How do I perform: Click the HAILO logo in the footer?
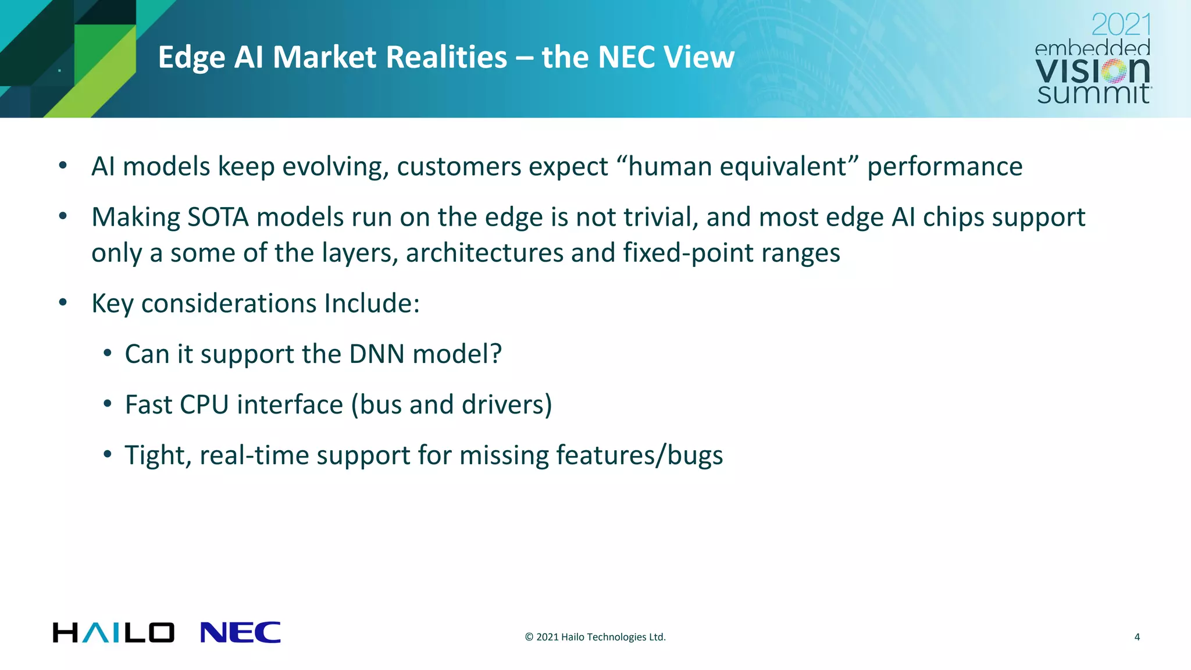(x=113, y=632)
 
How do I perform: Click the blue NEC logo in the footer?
(x=240, y=632)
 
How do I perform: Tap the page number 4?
(x=1137, y=637)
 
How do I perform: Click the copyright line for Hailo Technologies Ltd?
(x=595, y=637)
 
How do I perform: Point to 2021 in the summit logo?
(x=1121, y=25)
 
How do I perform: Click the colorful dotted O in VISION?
(x=1115, y=71)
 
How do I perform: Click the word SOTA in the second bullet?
(x=218, y=218)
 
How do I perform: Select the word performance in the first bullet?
(x=944, y=167)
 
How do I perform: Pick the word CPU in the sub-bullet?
(x=204, y=405)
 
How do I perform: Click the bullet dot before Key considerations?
(x=63, y=302)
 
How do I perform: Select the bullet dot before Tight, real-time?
(x=107, y=454)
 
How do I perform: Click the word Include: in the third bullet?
(x=372, y=304)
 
